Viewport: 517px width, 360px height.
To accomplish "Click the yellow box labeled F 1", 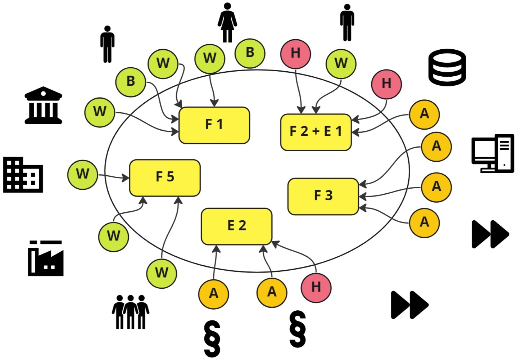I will [214, 125].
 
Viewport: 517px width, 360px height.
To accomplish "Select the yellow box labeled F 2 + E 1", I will [316, 132].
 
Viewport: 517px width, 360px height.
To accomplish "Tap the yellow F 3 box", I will [323, 196].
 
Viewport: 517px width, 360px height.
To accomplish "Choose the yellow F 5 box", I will [165, 177].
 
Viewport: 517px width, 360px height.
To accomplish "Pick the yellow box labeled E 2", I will [236, 226].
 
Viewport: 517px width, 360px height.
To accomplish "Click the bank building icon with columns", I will [43, 105].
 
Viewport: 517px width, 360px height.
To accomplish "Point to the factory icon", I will [46, 258].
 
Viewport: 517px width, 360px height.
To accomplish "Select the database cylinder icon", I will [447, 67].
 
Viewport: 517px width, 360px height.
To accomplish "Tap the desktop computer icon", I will [493, 153].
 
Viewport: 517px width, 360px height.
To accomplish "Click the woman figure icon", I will [227, 23].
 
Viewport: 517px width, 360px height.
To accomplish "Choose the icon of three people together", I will [130, 312].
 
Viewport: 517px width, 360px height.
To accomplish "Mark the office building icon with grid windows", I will [23, 175].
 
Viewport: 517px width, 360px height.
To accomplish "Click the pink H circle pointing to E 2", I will [316, 287].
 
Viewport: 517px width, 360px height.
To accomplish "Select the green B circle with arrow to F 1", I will [131, 81].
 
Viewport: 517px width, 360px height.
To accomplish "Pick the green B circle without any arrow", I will [250, 53].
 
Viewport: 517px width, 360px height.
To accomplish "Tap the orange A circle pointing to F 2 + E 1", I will [424, 114].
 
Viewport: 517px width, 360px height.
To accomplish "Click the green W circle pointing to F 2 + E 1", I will [341, 64].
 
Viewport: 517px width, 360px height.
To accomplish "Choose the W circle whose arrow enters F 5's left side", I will [82, 174].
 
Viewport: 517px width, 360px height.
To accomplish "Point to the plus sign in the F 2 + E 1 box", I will [316, 132].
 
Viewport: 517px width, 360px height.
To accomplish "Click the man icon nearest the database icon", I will [347, 23].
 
